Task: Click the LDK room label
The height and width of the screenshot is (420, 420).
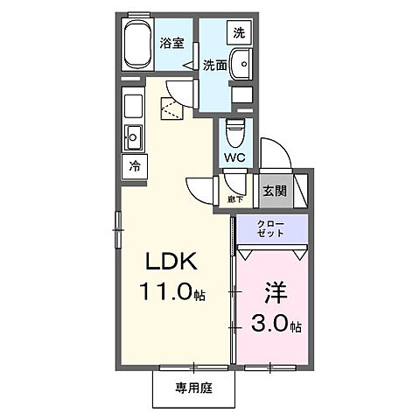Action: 170,262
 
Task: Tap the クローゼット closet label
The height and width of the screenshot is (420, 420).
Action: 270,231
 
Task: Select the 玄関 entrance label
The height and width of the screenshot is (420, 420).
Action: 274,190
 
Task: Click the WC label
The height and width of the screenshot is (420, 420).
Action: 234,157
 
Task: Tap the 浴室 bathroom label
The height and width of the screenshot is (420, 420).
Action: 172,42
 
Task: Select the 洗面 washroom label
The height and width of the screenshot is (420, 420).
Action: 216,64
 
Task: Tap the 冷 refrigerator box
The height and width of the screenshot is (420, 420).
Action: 134,165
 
